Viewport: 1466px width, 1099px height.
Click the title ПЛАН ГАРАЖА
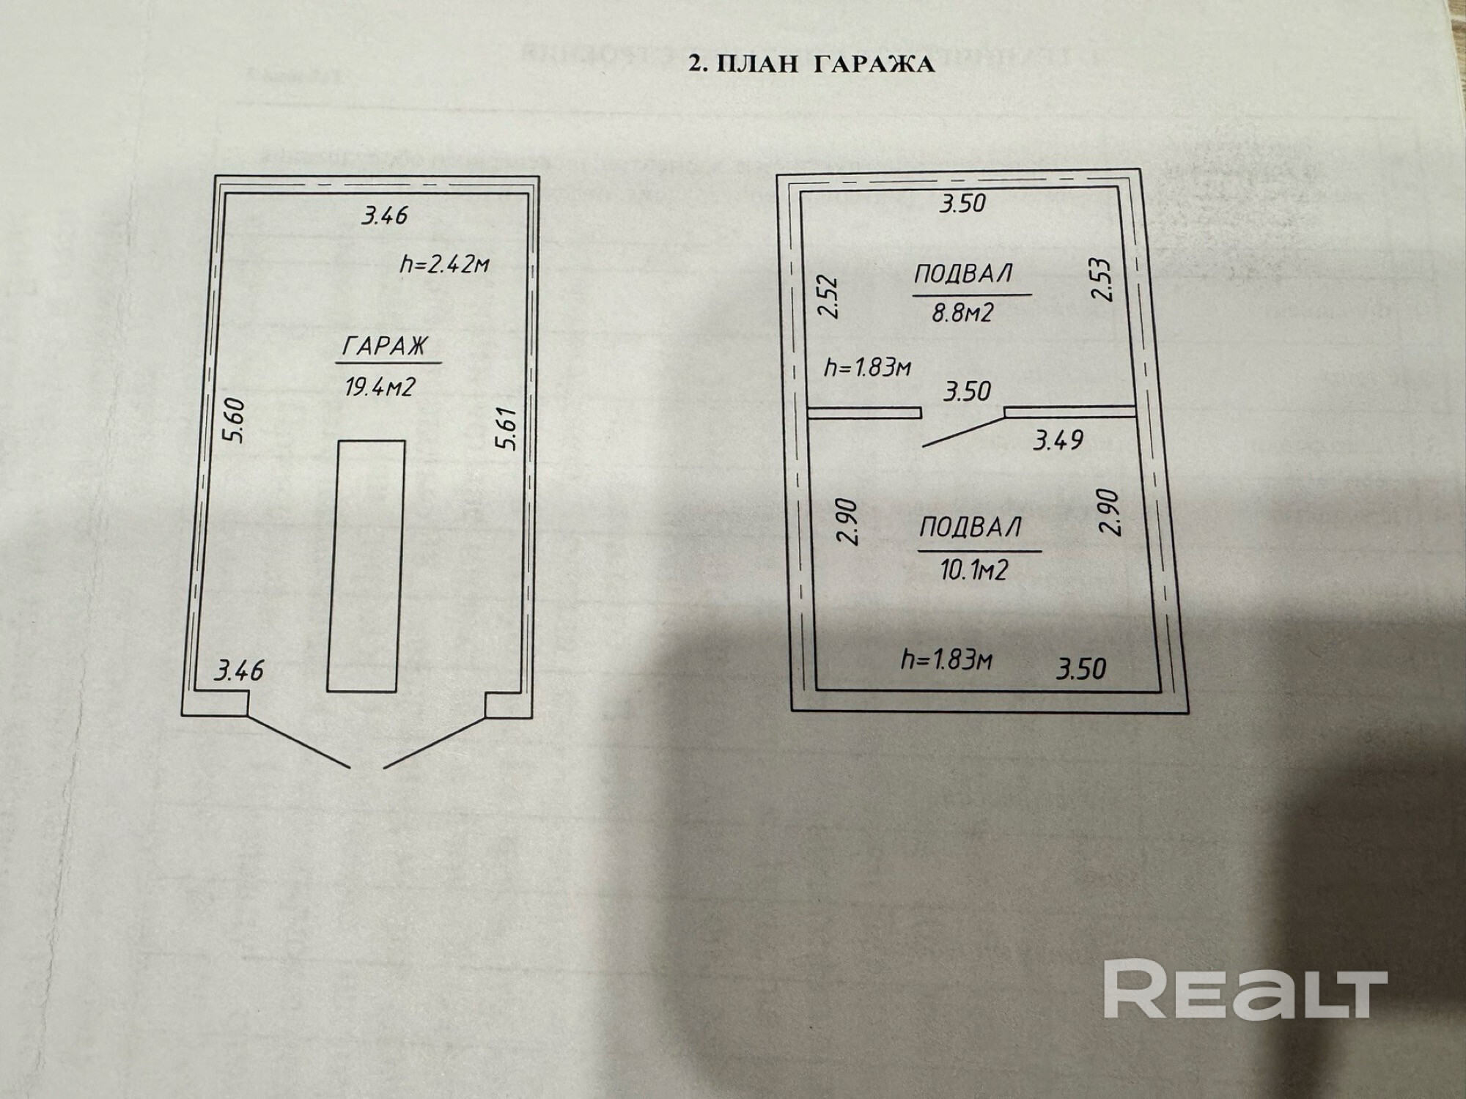[x=811, y=64]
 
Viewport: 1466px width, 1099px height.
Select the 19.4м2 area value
[x=380, y=386]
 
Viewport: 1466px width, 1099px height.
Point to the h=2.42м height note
[x=444, y=263]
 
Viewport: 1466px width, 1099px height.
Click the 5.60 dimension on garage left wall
[x=236, y=421]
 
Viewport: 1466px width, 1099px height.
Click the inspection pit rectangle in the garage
[x=366, y=565]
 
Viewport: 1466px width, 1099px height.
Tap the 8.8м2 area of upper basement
[x=962, y=313]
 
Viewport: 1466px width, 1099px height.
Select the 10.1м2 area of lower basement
[x=974, y=569]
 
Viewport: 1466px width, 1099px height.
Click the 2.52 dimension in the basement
[x=828, y=295]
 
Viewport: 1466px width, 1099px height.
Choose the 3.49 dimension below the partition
[x=1058, y=440]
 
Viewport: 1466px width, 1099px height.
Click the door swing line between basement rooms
[x=962, y=432]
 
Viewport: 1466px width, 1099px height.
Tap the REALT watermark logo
[x=1245, y=991]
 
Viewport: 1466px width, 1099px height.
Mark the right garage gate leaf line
[x=435, y=741]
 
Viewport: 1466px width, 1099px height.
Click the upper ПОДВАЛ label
[x=963, y=274]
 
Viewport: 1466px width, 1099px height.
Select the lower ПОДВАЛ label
[x=970, y=528]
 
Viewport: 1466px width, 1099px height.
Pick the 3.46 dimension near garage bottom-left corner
[x=238, y=670]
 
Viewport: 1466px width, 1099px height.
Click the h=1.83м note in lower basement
[x=946, y=661]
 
